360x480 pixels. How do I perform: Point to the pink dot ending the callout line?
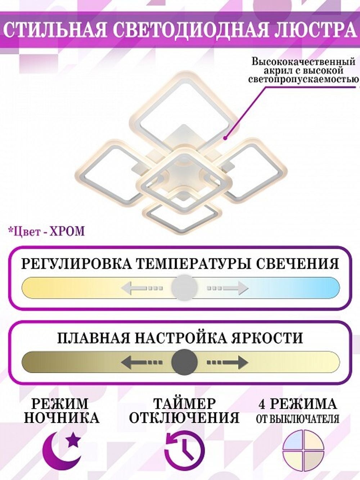[225, 138]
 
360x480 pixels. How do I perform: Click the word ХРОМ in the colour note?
[68, 231]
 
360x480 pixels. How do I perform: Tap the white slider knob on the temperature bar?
[184, 287]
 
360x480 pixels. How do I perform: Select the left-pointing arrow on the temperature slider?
[141, 288]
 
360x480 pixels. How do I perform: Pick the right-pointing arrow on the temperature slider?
[228, 288]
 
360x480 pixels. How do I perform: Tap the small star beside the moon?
[74, 439]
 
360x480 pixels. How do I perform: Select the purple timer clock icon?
[184, 450]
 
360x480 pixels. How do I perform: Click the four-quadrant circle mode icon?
[303, 450]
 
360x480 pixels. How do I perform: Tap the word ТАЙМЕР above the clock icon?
[184, 404]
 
